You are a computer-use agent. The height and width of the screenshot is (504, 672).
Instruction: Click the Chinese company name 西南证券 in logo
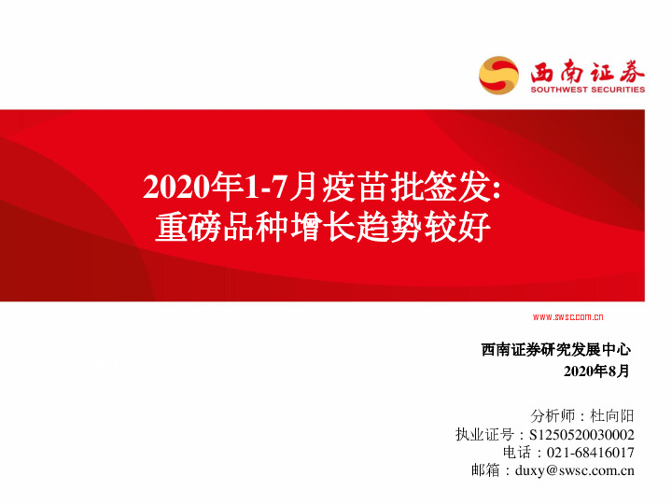[x=587, y=70]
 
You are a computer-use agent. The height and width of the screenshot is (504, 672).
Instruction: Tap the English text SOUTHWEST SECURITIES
[x=587, y=91]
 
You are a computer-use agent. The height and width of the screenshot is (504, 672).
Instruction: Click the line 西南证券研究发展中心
[x=556, y=350]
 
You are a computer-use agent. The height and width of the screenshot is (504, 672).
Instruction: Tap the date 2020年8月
[x=598, y=371]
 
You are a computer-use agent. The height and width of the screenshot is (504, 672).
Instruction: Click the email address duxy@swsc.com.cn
[x=574, y=470]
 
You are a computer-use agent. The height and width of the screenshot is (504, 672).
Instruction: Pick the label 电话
[x=515, y=452]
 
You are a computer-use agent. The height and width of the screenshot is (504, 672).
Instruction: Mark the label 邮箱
[x=486, y=470]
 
